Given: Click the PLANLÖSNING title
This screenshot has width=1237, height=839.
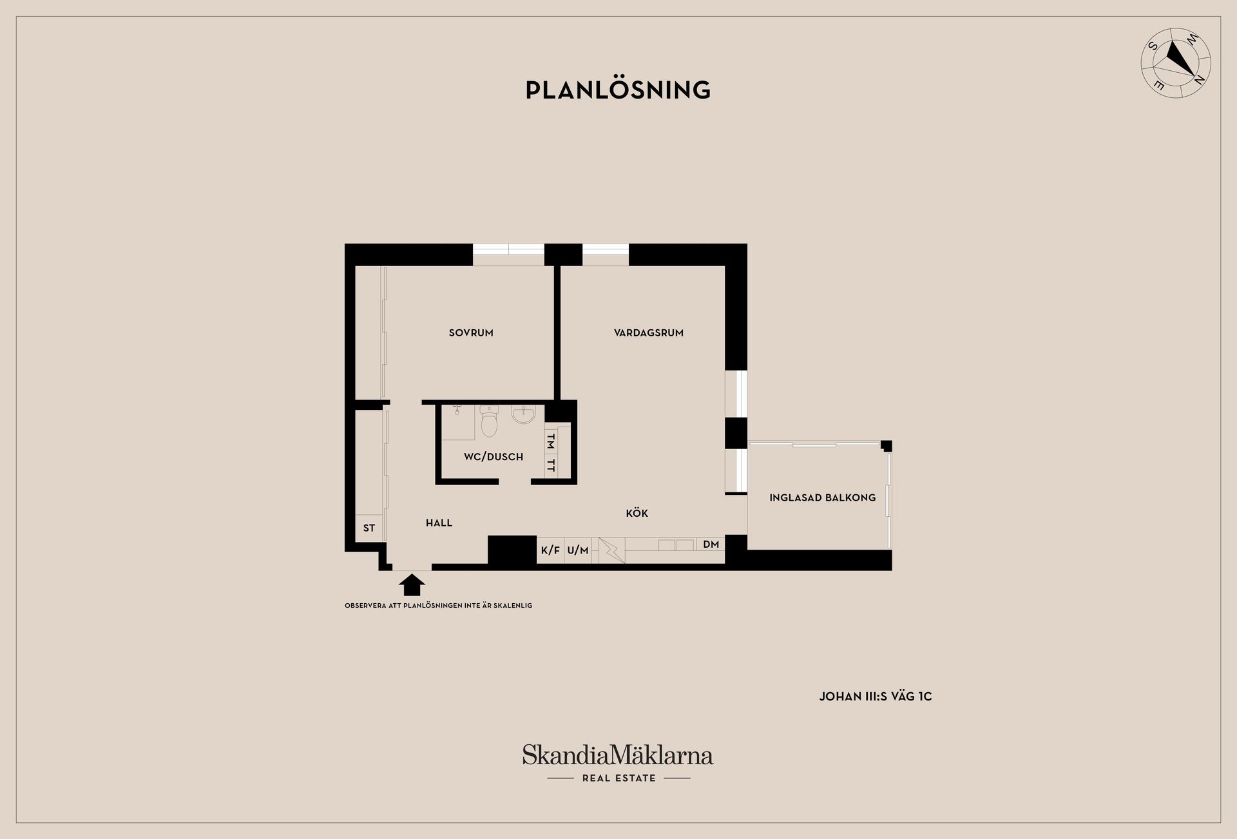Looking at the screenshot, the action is click(618, 90).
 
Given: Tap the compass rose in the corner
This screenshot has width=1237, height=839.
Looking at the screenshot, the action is click(1176, 63).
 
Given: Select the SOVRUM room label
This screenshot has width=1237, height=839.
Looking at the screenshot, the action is click(471, 333).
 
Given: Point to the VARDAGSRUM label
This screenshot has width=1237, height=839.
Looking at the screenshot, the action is click(649, 333).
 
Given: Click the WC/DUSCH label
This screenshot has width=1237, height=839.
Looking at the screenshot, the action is click(494, 457).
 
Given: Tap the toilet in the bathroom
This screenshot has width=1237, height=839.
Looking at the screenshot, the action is click(490, 421).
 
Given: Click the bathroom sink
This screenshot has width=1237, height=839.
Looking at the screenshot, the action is click(523, 414).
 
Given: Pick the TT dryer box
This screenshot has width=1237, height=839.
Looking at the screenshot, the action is click(551, 465).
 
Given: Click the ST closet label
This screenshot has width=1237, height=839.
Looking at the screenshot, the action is click(369, 528).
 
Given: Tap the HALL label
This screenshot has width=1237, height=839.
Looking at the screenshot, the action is click(439, 523).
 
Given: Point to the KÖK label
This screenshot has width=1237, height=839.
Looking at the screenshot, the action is click(637, 513).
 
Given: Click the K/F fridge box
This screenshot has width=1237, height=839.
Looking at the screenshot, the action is click(550, 550).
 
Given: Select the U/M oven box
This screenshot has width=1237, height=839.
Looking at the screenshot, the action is click(578, 550).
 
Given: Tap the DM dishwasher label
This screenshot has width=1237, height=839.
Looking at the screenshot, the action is click(711, 545).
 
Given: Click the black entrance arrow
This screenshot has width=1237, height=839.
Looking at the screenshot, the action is click(412, 584).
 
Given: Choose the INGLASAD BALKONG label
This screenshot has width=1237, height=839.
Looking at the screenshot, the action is click(823, 497).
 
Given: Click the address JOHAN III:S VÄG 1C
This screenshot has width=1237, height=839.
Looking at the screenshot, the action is click(876, 697).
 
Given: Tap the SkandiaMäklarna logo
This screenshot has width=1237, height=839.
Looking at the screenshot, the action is click(618, 763).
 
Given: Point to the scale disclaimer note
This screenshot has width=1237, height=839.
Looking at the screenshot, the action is click(439, 606).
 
